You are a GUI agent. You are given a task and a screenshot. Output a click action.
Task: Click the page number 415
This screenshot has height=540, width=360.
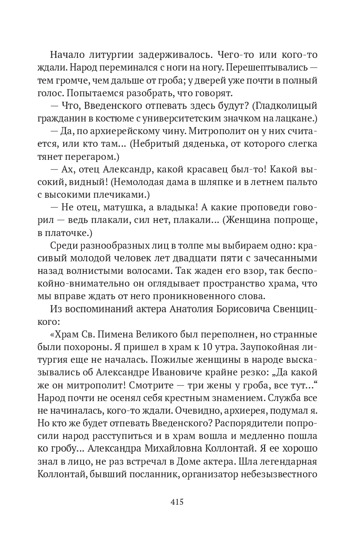tap(177, 502)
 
